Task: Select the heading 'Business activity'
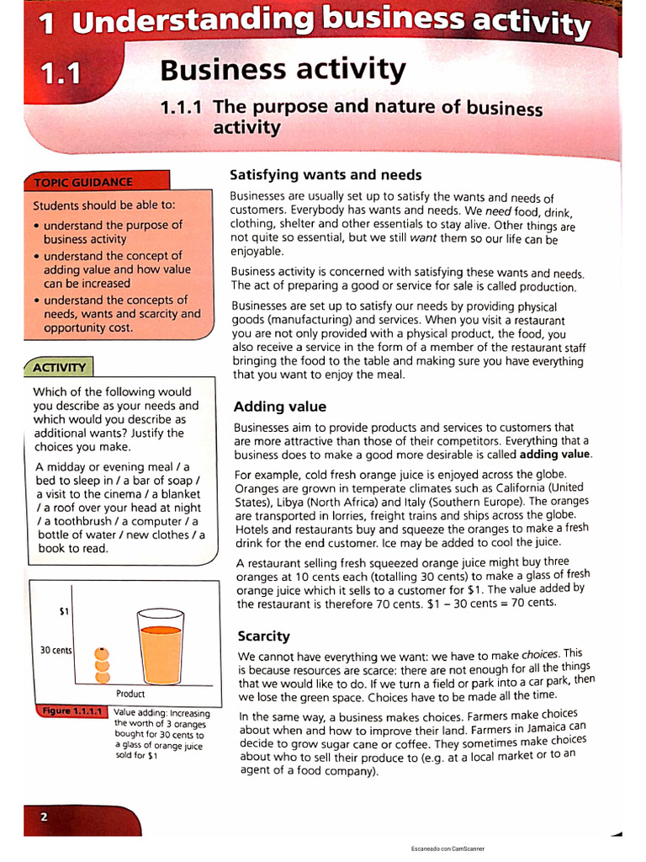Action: coord(283,69)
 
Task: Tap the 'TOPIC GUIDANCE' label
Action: coord(82,182)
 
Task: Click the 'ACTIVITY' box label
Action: coord(59,367)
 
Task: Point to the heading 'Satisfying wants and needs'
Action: coord(326,175)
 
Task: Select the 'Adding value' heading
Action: coord(279,407)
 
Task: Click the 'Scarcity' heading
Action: coord(263,636)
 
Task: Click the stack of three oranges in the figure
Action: coord(102,665)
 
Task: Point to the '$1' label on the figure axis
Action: coord(64,612)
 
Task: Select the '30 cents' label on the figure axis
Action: coord(56,651)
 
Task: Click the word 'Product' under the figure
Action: coord(130,694)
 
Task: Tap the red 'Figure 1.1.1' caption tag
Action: coord(71,712)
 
